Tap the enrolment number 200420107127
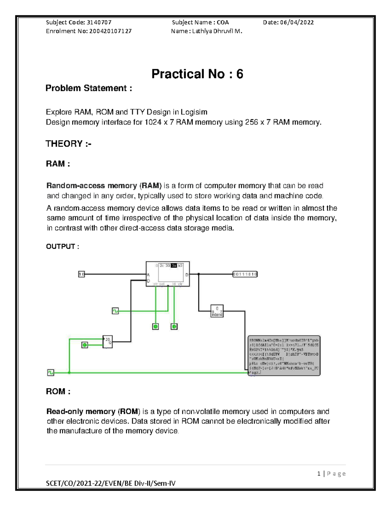coord(111,31)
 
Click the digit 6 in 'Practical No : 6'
coord(239,74)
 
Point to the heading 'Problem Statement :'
coord(89,88)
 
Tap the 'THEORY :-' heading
coord(68,144)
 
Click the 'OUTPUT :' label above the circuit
coord(63,246)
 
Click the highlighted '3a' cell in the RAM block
coord(174,266)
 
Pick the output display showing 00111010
coord(245,274)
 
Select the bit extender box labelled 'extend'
coord(217,311)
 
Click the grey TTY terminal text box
coord(284,355)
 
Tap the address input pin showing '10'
coord(81,274)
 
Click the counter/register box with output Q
coord(108,342)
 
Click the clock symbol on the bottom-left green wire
coord(51,372)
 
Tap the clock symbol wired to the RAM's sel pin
coord(115,311)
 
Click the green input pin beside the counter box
coord(85,345)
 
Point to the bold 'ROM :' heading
coord(58,391)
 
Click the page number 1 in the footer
coord(319,474)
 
